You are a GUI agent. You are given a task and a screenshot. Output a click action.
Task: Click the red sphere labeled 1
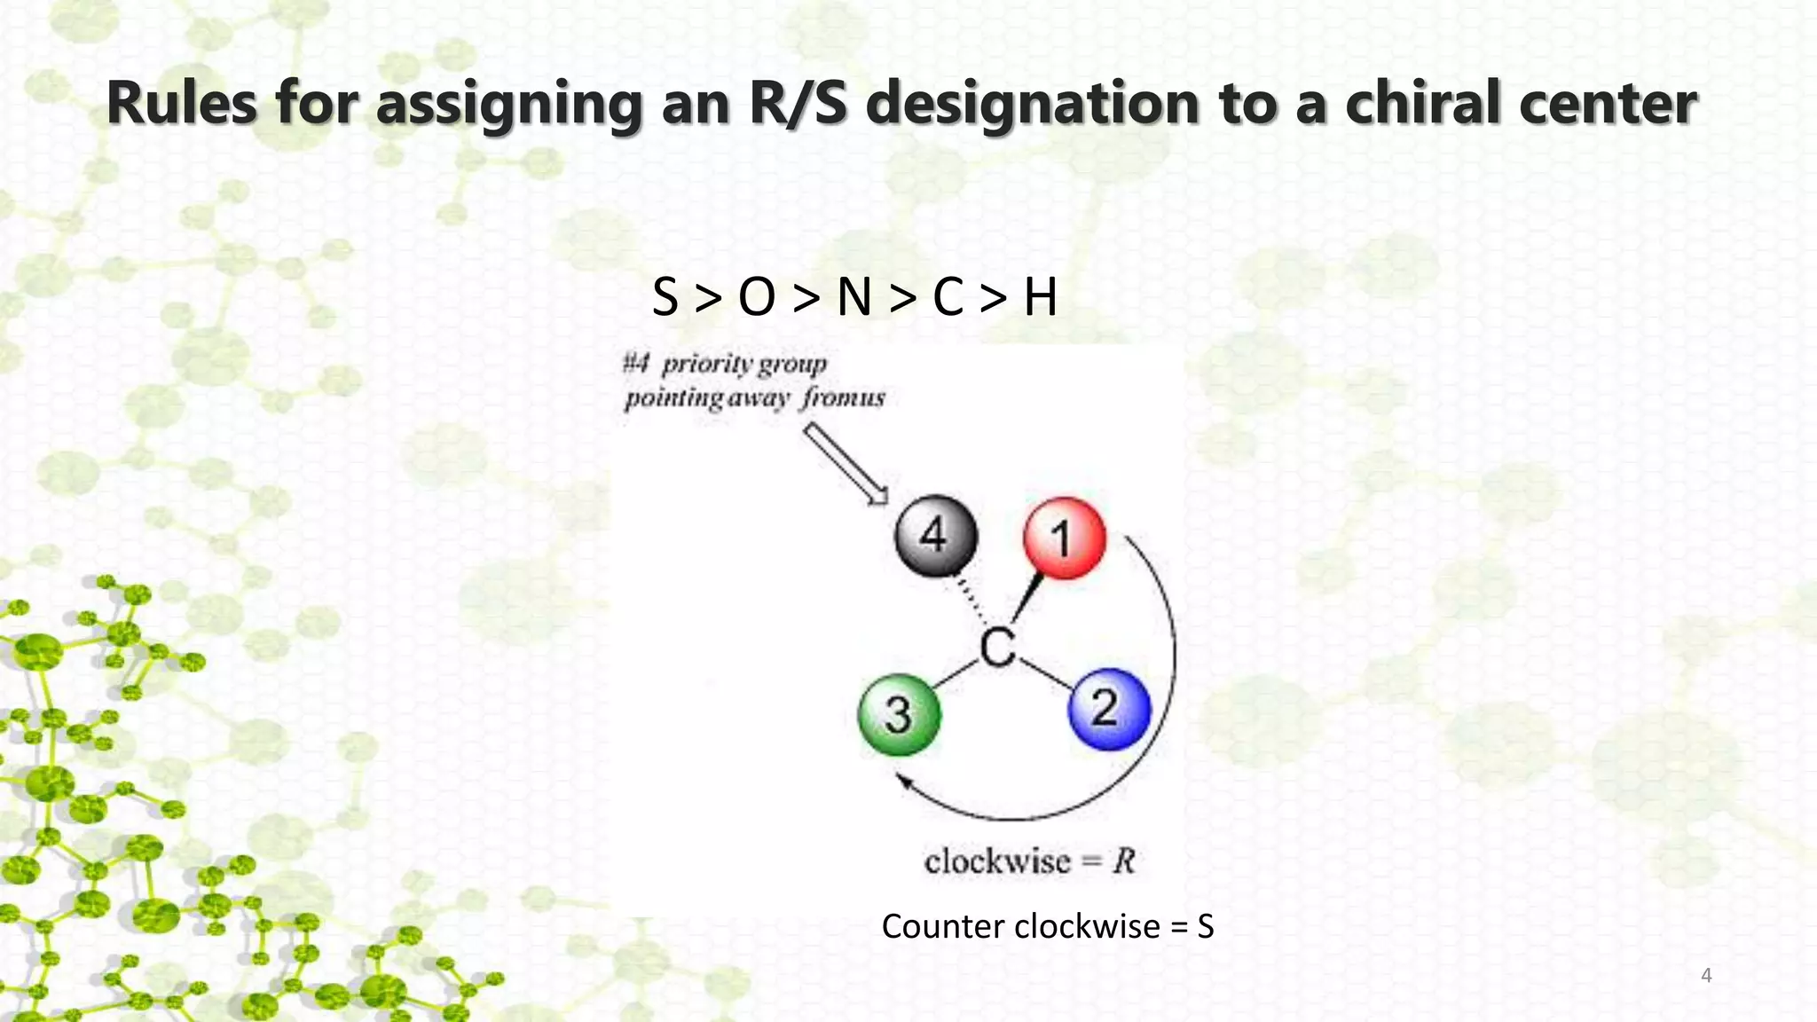pyautogui.click(x=1064, y=538)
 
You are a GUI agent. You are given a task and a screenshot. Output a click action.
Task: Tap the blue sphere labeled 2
pyautogui.click(x=1109, y=709)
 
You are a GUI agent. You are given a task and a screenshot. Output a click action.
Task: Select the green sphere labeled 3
pyautogui.click(x=900, y=714)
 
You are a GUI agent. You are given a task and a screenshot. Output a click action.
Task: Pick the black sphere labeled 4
pyautogui.click(x=935, y=536)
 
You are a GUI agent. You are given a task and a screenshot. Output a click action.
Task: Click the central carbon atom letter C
pyautogui.click(x=998, y=648)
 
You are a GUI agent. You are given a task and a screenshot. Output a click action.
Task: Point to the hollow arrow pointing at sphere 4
pyautogui.click(x=846, y=463)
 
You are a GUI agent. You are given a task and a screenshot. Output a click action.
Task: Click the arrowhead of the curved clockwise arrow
pyautogui.click(x=903, y=782)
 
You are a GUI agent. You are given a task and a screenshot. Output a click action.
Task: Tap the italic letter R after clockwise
pyautogui.click(x=1124, y=861)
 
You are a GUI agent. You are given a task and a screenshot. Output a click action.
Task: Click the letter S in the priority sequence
pyautogui.click(x=665, y=297)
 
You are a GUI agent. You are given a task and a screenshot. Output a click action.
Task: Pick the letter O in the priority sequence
pyautogui.click(x=757, y=297)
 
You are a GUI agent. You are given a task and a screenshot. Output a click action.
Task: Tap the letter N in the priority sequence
pyautogui.click(x=853, y=297)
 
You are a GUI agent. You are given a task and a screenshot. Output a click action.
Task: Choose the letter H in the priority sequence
pyautogui.click(x=1040, y=297)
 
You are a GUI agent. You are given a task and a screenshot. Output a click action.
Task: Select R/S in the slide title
pyautogui.click(x=798, y=103)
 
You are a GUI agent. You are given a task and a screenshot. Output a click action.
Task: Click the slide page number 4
pyautogui.click(x=1705, y=976)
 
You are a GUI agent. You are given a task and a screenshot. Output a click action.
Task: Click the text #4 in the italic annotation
pyautogui.click(x=636, y=363)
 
